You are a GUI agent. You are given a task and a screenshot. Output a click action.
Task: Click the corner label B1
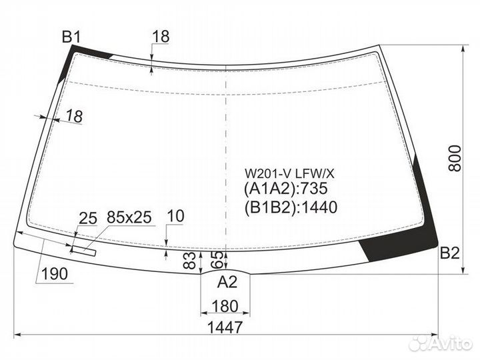(71, 37)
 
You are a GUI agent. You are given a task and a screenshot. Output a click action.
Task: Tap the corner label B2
(450, 253)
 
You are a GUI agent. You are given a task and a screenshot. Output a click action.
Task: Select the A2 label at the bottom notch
(227, 281)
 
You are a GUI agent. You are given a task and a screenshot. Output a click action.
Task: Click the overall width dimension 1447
(225, 327)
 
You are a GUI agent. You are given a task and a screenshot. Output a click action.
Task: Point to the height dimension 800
(454, 158)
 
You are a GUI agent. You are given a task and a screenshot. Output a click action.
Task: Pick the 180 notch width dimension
(225, 306)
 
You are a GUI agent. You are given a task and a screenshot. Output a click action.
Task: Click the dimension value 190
(55, 274)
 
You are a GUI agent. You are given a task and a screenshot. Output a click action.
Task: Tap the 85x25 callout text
(129, 217)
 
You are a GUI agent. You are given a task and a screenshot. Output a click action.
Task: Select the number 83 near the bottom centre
(190, 260)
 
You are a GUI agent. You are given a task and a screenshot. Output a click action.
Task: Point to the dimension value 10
(176, 216)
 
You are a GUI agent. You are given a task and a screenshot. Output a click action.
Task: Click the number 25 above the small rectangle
(88, 219)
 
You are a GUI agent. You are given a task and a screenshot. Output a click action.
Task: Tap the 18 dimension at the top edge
(161, 37)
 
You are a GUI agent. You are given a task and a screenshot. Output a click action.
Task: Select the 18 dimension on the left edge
(75, 116)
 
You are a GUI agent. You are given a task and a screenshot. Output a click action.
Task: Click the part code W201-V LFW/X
(289, 174)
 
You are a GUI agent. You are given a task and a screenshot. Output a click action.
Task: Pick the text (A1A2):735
(285, 188)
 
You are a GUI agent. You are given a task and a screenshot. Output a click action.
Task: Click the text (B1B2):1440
(291, 207)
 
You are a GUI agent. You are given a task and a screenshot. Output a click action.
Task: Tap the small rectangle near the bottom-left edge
(84, 251)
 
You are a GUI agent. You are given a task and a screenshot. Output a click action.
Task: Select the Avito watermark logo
(440, 343)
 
